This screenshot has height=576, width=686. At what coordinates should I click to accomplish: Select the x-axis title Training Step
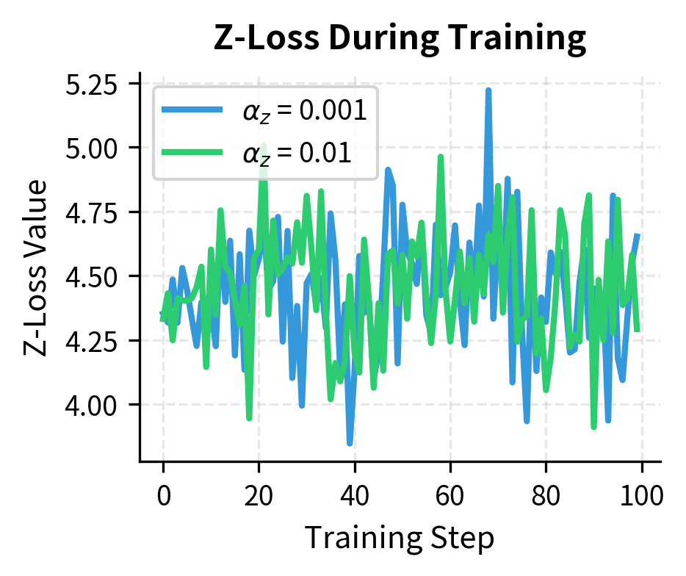tap(400, 538)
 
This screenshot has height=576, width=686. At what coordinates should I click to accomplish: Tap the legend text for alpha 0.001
tap(304, 111)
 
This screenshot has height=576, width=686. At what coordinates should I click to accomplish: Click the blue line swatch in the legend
tap(192, 110)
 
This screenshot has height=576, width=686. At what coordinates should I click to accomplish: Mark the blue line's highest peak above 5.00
tap(488, 91)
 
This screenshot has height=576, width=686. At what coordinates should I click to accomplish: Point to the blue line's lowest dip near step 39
tap(350, 442)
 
